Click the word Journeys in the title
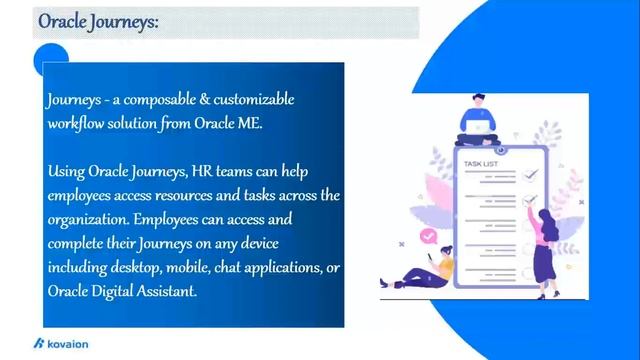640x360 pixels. tap(125, 22)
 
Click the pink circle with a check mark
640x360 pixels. tap(429, 237)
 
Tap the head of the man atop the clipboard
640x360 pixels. tap(478, 100)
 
